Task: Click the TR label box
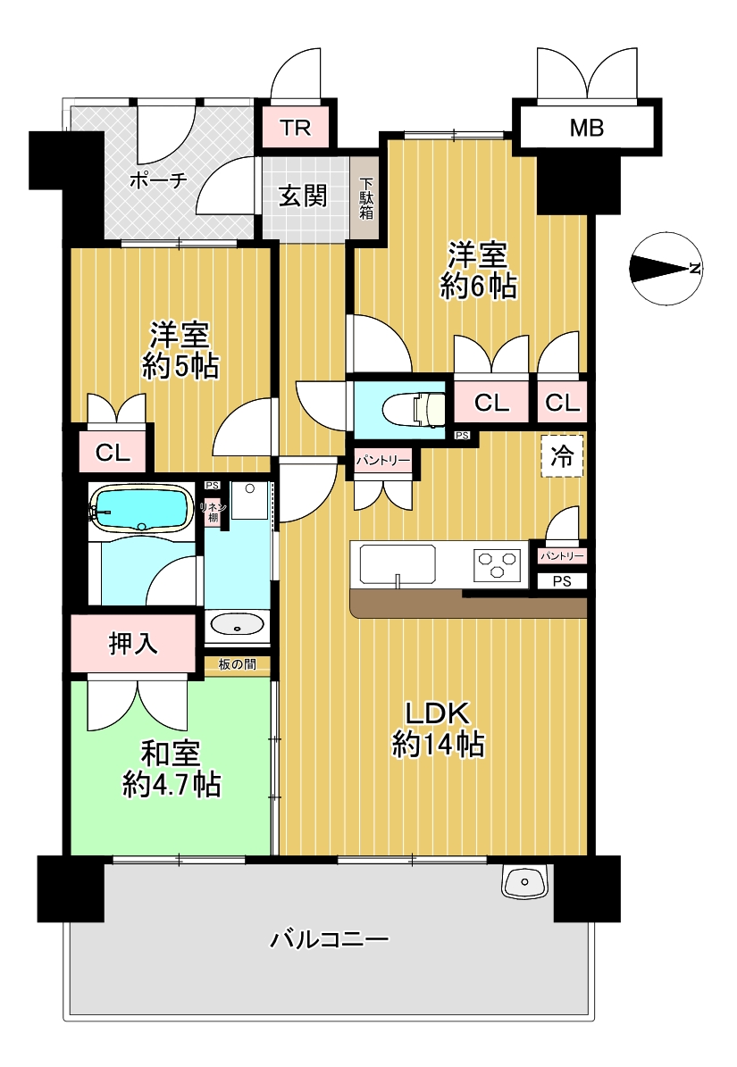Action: [296, 128]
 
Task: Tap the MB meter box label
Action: [587, 128]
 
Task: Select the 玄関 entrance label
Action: [304, 196]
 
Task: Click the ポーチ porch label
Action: [158, 180]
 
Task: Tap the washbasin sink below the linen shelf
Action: [237, 623]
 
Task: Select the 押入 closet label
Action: [133, 642]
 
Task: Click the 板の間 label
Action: [238, 664]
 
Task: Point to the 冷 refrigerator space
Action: [562, 456]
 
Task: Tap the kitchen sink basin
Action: [398, 564]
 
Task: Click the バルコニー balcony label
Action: [330, 939]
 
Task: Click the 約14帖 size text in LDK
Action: [439, 745]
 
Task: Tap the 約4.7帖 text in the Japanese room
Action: [172, 785]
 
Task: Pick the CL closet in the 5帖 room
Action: [113, 452]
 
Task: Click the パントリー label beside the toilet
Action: [383, 461]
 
